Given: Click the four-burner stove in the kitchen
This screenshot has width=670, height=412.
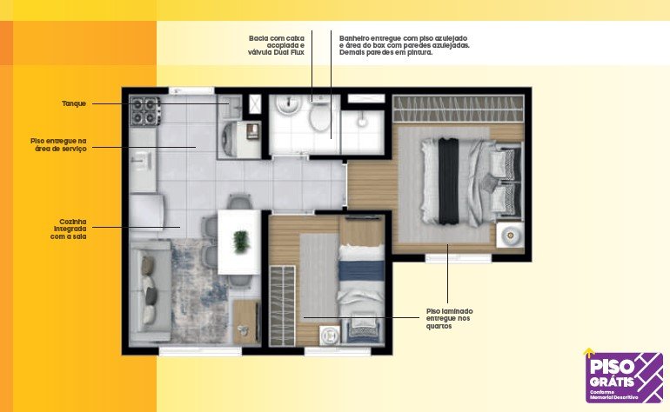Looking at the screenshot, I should click(145, 110).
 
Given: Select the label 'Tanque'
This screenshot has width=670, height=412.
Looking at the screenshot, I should click(74, 103).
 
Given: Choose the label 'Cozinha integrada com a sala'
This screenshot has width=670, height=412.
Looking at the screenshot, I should click(68, 229).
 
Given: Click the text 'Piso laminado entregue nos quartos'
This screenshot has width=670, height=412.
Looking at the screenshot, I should click(450, 318).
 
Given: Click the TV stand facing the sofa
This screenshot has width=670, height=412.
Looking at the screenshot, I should click(246, 322).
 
